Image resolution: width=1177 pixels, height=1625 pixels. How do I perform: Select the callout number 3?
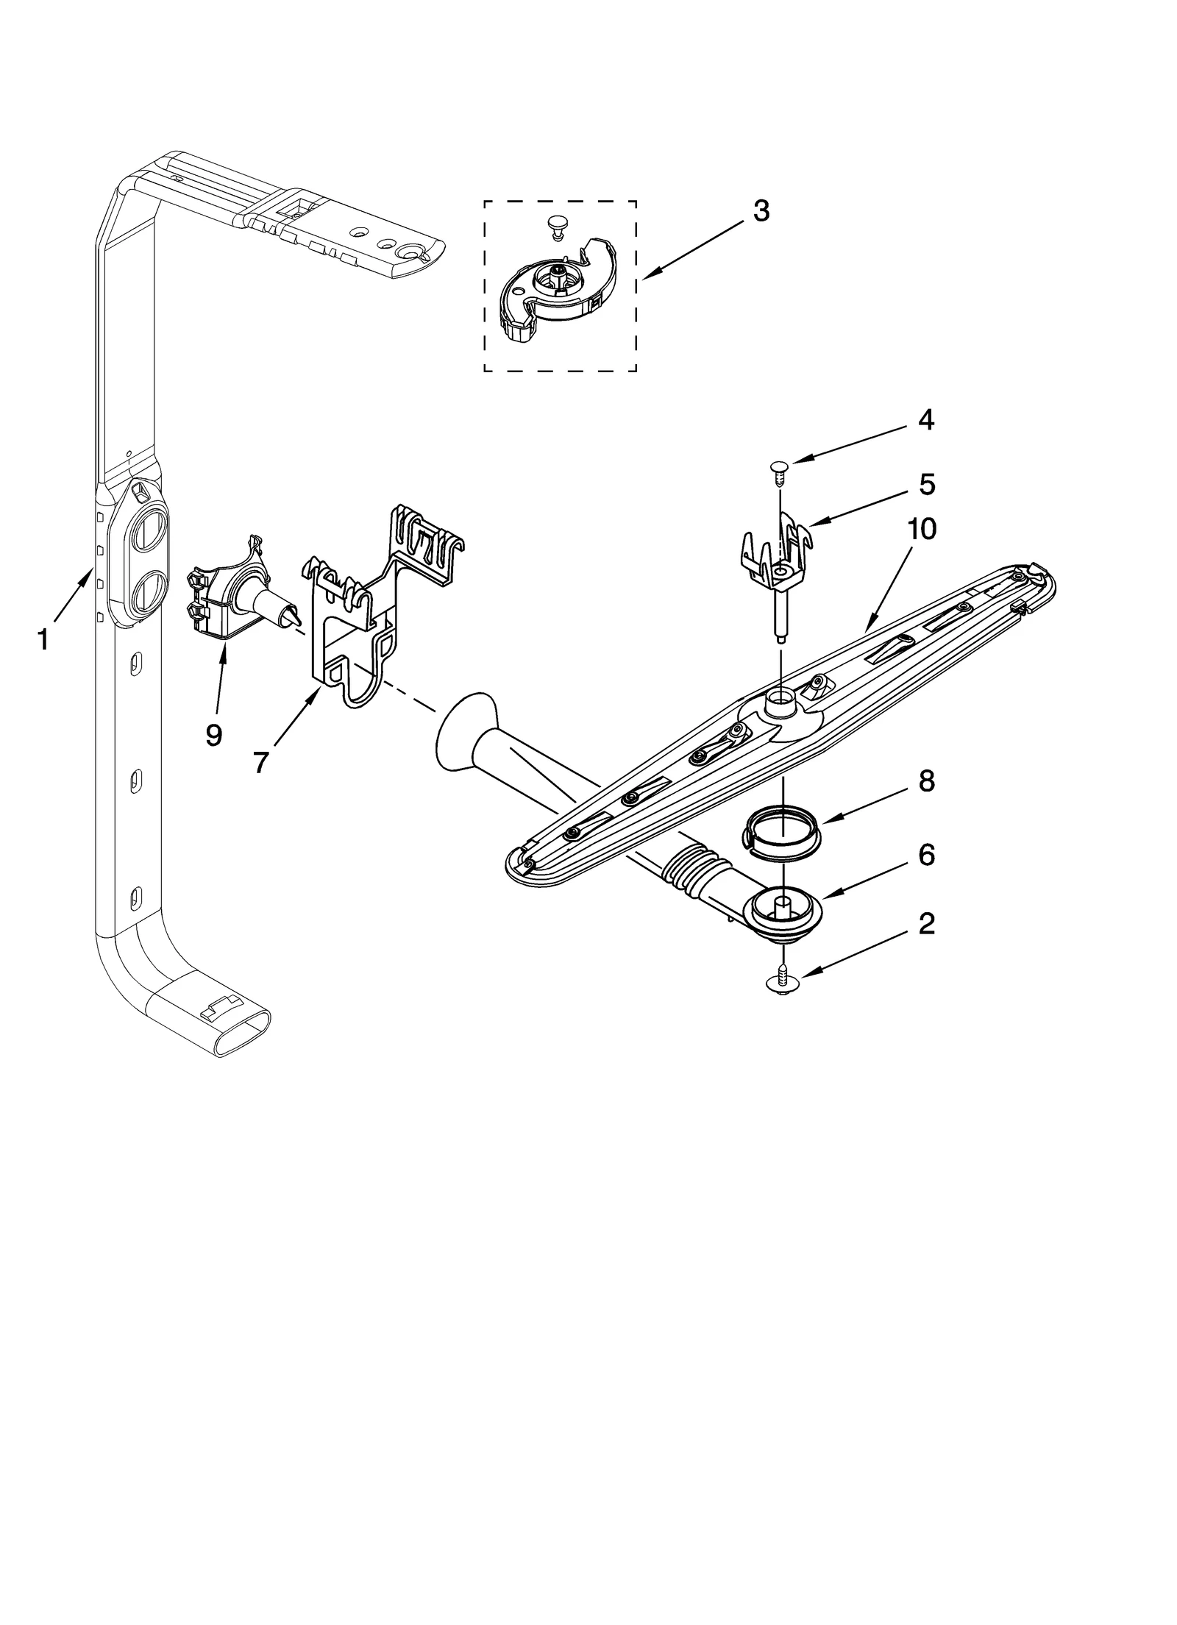point(761,211)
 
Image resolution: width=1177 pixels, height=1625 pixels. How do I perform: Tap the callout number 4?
point(925,420)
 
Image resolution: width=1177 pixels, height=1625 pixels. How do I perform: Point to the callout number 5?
point(925,485)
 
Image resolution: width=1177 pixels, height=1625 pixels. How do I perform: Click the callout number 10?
point(921,529)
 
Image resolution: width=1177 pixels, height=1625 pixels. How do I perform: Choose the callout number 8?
point(925,781)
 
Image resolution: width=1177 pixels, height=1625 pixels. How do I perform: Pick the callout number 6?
point(925,855)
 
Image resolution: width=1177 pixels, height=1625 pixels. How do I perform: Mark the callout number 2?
point(925,924)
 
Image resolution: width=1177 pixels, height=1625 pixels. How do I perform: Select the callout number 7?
point(260,762)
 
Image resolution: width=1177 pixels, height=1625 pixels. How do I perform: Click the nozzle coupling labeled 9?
point(235,589)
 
